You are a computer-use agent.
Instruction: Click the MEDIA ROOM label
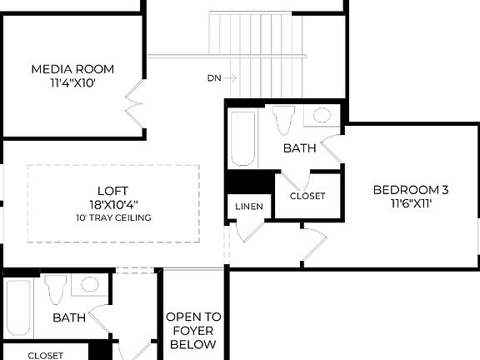point(72,69)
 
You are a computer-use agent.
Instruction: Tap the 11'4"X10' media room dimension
point(72,83)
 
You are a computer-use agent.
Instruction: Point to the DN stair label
point(214,78)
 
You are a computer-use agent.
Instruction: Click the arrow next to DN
point(231,78)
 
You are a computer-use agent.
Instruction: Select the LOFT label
point(112,190)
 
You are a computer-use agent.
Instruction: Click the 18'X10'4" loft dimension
point(112,204)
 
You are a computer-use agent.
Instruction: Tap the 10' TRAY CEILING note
point(112,217)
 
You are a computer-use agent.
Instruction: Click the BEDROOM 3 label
point(411,189)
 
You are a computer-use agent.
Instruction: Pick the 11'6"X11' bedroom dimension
point(411,203)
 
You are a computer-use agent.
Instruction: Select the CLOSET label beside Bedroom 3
point(307,196)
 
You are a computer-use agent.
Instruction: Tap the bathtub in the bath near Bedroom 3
point(242,138)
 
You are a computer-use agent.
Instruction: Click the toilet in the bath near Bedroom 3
point(282,122)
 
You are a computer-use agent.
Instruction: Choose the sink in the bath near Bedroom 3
point(322,116)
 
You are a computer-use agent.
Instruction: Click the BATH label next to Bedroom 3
point(299,149)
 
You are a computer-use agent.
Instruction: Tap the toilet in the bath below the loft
point(56,289)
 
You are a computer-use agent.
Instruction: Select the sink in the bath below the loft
point(89,284)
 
